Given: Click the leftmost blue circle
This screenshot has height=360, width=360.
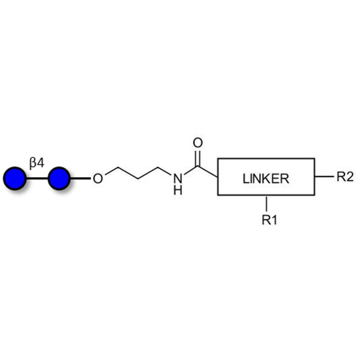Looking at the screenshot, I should pos(15,178).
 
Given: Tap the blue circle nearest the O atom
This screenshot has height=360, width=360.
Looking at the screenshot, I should pos(58,178).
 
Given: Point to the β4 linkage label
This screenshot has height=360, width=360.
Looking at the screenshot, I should pos(37,163).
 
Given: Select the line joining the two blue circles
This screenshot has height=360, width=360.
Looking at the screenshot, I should pos(37,178).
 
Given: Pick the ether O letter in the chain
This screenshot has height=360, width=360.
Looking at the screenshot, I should pos(98,179).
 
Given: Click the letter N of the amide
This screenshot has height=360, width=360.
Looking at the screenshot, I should pos(178,179).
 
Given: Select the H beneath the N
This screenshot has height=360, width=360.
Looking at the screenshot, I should pos(178,190).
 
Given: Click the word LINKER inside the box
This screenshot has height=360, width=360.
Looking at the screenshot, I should pos(265,179).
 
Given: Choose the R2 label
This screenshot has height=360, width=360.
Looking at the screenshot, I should pos(345,176).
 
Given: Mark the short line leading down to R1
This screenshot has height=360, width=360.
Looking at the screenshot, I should pos(267,203).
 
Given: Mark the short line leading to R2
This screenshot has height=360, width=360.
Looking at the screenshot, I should pos(323,176).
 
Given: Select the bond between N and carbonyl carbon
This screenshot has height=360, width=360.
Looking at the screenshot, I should pos(190,171).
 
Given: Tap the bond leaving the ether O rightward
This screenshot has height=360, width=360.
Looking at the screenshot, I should pos(112,172).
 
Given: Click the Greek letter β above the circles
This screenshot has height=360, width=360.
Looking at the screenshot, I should pos(33,163).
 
